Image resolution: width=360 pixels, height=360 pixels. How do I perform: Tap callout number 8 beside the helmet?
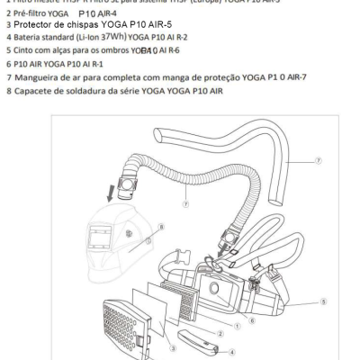[x=160, y=227]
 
